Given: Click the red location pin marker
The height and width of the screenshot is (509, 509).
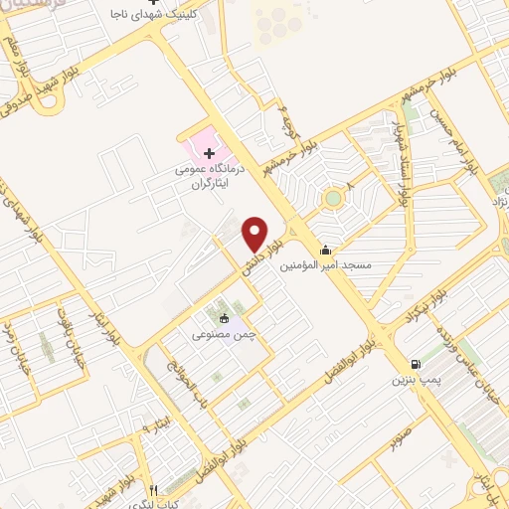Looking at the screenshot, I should click(255, 234).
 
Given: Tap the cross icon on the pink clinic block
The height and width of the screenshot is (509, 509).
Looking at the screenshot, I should click(209, 152).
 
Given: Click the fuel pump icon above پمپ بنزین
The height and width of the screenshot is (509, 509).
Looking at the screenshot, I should click(415, 365).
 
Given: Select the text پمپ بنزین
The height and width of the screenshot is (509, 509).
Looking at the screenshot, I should click(415, 380).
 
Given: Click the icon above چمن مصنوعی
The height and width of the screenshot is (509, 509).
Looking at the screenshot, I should click(224, 319).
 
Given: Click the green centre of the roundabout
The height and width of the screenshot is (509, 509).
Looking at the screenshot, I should click(332, 198).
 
